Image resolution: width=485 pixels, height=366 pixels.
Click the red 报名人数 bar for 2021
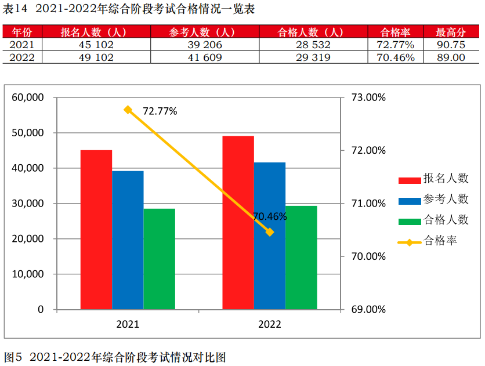click(x=96, y=229)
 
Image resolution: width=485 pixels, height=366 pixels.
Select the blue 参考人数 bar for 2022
click(x=269, y=235)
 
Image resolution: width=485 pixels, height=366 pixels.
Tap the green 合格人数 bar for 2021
click(x=159, y=259)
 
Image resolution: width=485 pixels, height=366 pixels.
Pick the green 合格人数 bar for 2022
click(x=301, y=257)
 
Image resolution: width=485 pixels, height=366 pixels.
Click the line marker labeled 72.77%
click(x=128, y=110)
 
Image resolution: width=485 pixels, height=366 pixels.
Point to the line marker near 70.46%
click(x=270, y=232)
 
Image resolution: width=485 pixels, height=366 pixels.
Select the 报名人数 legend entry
click(x=432, y=179)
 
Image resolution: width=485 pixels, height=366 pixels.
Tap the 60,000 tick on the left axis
click(x=28, y=97)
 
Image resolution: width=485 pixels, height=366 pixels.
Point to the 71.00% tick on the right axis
click(x=368, y=204)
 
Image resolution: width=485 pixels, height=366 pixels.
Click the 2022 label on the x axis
click(x=269, y=324)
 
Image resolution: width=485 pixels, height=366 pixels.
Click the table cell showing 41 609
click(x=204, y=57)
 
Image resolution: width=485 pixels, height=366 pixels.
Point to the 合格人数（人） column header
click(x=311, y=32)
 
